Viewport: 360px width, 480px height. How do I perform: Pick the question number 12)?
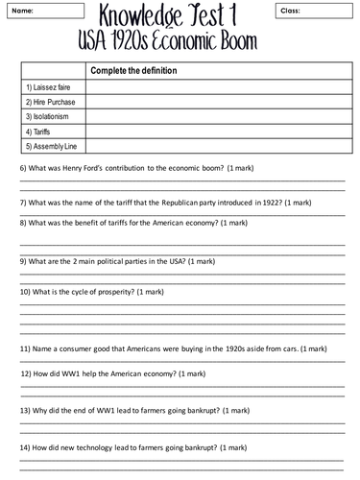[27, 372]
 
